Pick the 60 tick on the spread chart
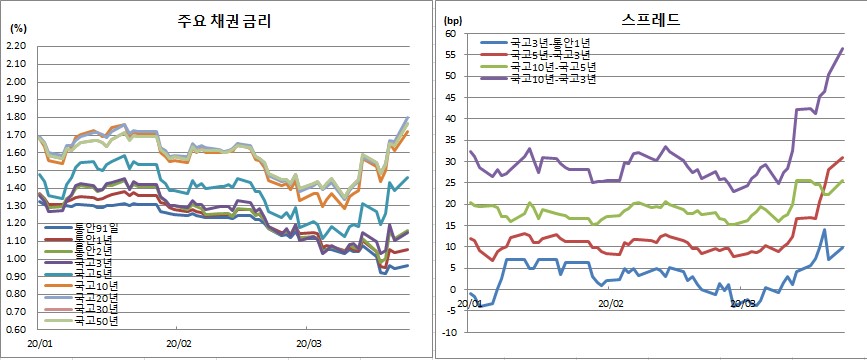(x=451, y=33)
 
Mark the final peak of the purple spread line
(x=842, y=48)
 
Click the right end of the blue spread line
(x=843, y=247)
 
